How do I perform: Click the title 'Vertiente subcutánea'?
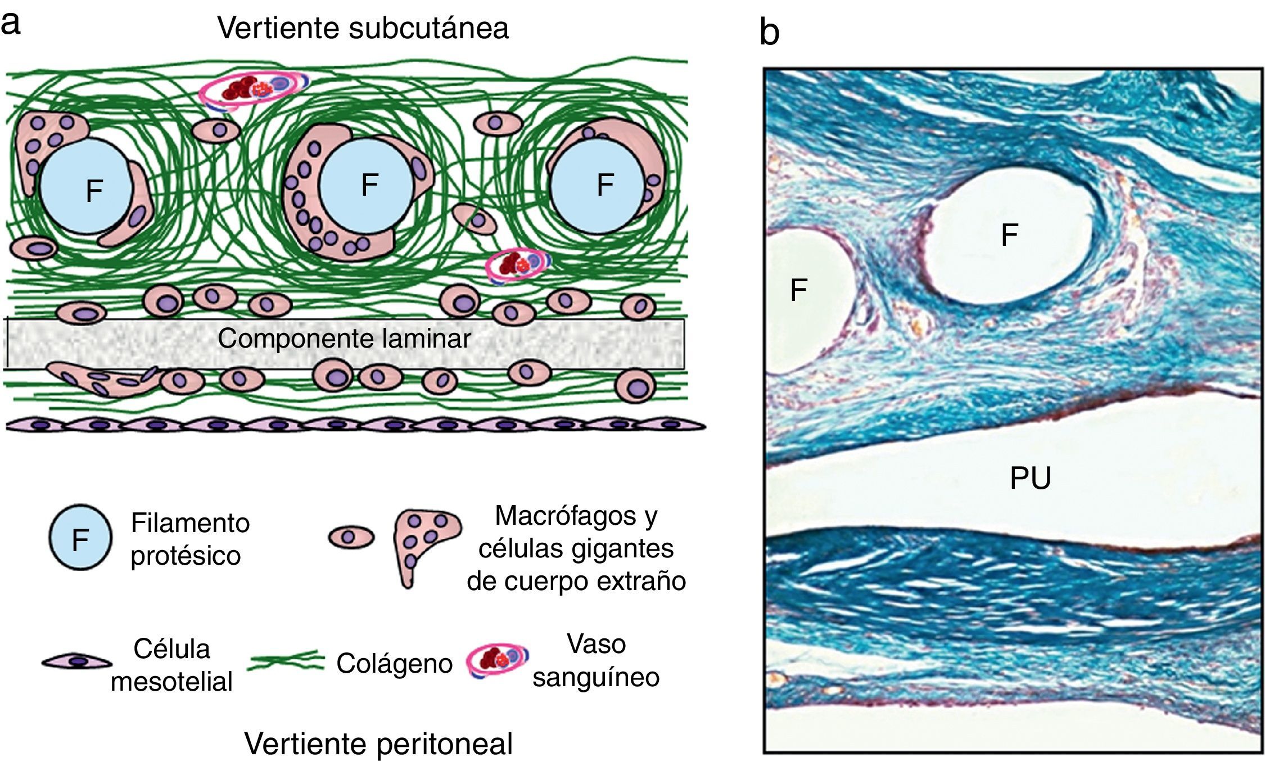[363, 28]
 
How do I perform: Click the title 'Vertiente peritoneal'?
[378, 743]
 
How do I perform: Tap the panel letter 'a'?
[11, 24]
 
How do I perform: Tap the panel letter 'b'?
[769, 32]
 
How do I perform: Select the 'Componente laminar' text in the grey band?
[344, 339]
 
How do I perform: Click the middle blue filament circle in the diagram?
[366, 185]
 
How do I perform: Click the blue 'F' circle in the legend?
[80, 538]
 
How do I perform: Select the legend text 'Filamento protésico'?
[190, 539]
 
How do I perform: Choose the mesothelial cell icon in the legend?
[77, 662]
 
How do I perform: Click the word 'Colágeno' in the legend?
[394, 664]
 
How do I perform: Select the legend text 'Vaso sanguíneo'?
[596, 660]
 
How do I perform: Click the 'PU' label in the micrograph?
[1030, 478]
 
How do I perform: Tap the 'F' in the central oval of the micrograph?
[1009, 235]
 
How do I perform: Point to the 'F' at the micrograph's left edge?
[798, 290]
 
